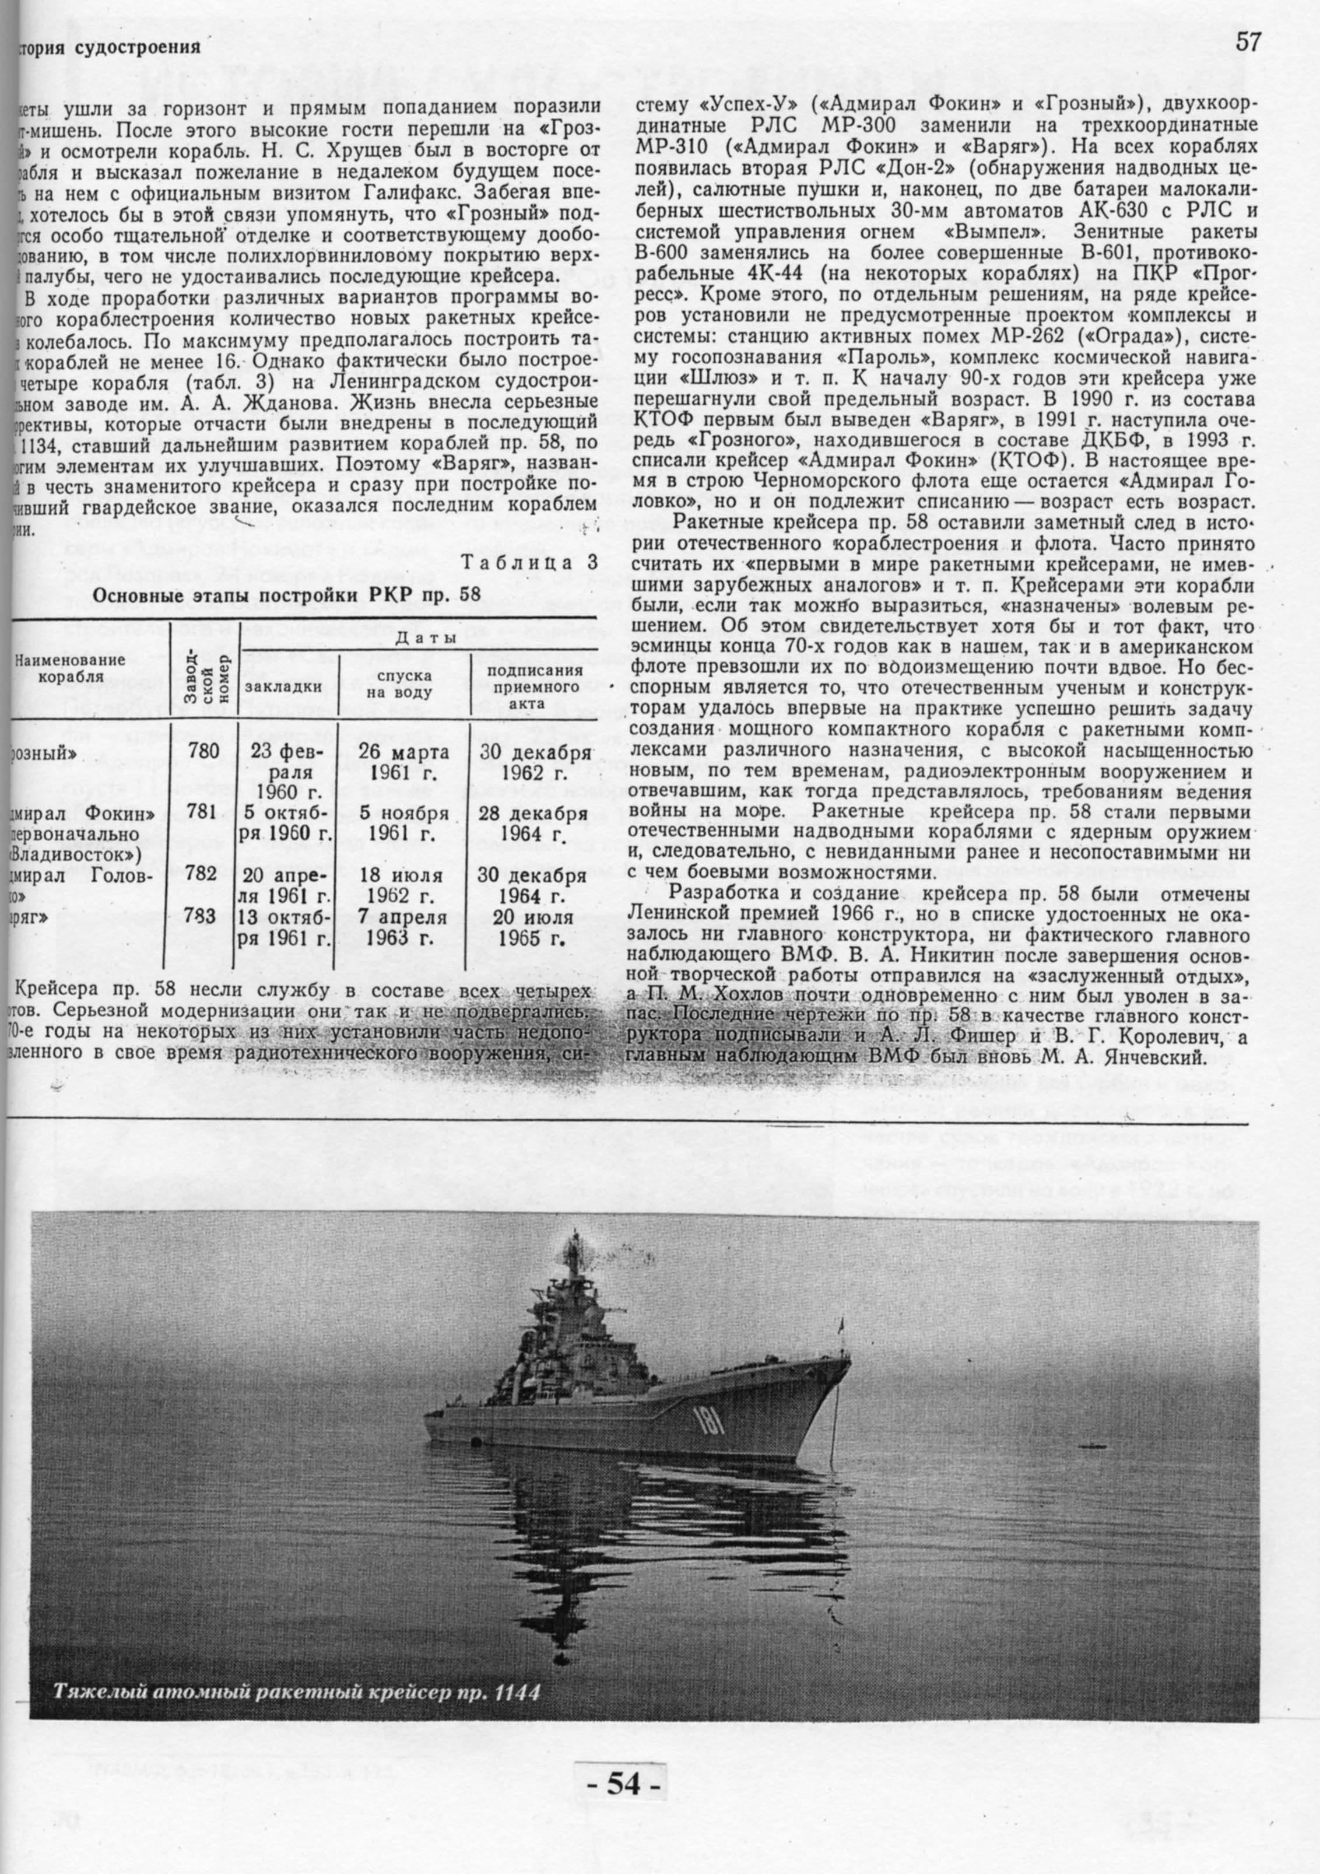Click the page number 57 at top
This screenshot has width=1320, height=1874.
pos(1247,43)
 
